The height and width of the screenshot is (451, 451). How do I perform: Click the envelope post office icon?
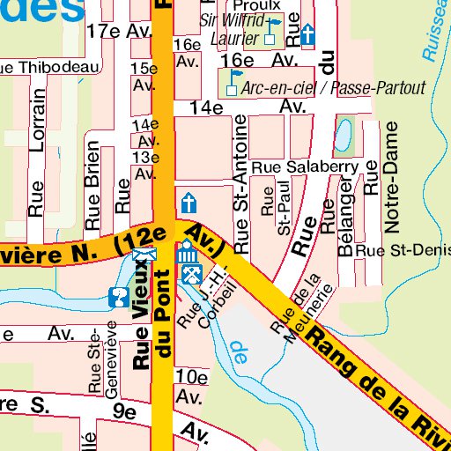(140, 256)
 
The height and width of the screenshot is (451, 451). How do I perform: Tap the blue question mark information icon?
(116, 298)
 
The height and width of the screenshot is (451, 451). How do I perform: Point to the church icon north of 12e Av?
(188, 201)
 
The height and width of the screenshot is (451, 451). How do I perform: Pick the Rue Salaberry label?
(304, 166)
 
